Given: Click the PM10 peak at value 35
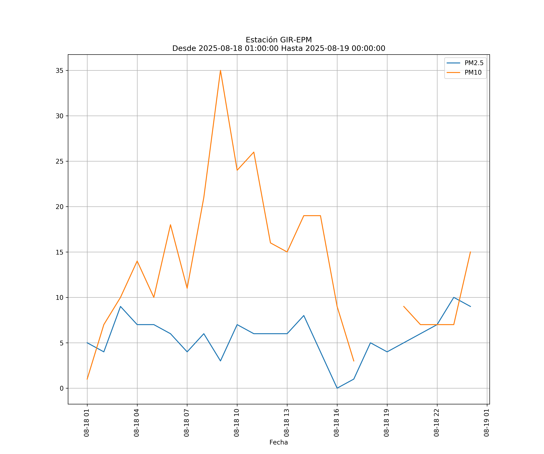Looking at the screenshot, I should (220, 70).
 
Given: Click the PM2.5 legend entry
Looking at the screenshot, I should (474, 63).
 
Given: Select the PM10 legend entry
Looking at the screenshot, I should (473, 73).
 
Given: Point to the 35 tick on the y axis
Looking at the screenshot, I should (60, 71).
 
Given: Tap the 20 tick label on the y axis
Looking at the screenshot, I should (60, 207).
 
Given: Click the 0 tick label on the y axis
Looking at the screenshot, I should (62, 388).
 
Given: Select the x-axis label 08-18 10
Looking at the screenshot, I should (236, 423).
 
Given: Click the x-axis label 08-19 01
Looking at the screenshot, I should (486, 423).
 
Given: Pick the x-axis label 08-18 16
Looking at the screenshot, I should (337, 423).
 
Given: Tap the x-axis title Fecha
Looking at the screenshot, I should (278, 442).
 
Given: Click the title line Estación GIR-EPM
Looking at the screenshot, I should (279, 40).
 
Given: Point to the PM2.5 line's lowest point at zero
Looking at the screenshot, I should (337, 388).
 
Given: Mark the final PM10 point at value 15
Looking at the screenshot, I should (470, 252).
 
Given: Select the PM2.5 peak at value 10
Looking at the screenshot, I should (454, 297).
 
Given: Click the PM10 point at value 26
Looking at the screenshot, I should (254, 152).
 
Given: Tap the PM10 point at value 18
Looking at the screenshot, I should (170, 225).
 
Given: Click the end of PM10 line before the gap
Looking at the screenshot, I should (354, 361).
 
